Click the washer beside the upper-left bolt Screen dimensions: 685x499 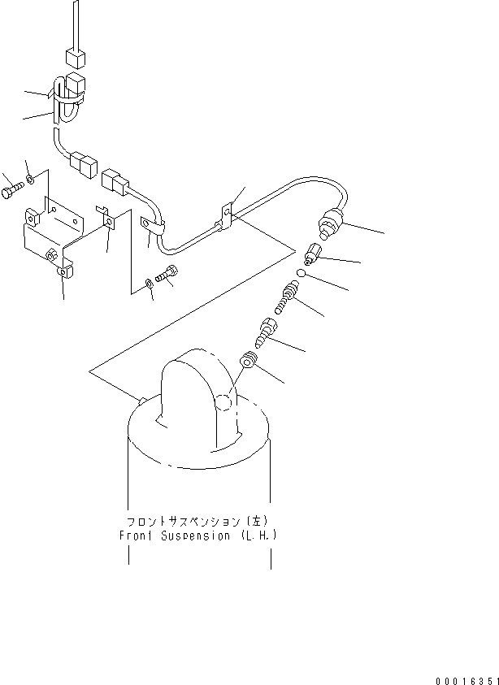click(x=31, y=178)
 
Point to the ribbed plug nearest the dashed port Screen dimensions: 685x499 click(x=248, y=360)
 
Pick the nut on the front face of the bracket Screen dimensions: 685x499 click(x=52, y=258)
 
